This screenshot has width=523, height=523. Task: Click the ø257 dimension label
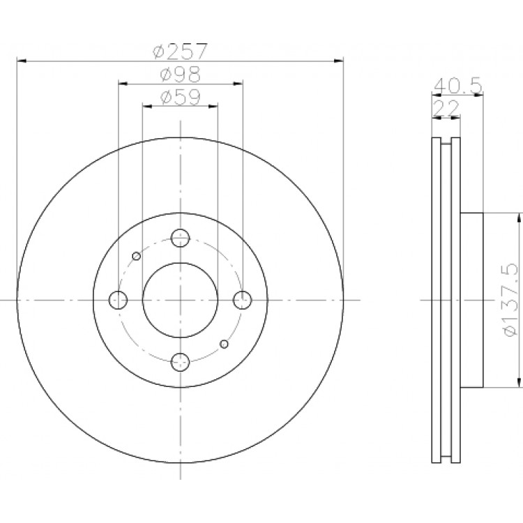click(181, 51)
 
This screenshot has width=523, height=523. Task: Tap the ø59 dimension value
click(181, 97)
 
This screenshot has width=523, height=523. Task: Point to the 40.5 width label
click(457, 86)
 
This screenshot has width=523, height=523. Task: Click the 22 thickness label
click(446, 107)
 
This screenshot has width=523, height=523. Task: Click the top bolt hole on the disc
click(180, 238)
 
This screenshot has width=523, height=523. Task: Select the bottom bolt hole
click(180, 362)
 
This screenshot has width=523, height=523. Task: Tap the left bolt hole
click(118, 300)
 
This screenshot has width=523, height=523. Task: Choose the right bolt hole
click(242, 300)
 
